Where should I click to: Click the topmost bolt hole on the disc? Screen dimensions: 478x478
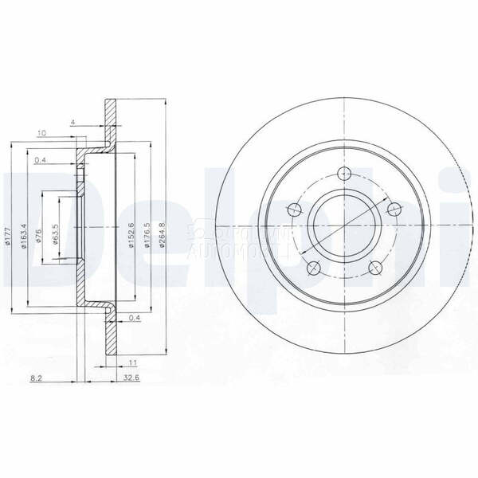pyautogui.click(x=344, y=175)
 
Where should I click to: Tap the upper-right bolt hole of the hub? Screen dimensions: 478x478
pyautogui.click(x=393, y=210)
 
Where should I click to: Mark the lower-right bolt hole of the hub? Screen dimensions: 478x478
pyautogui.click(x=374, y=268)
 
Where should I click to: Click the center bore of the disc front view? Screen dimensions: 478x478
pyautogui.click(x=343, y=225)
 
